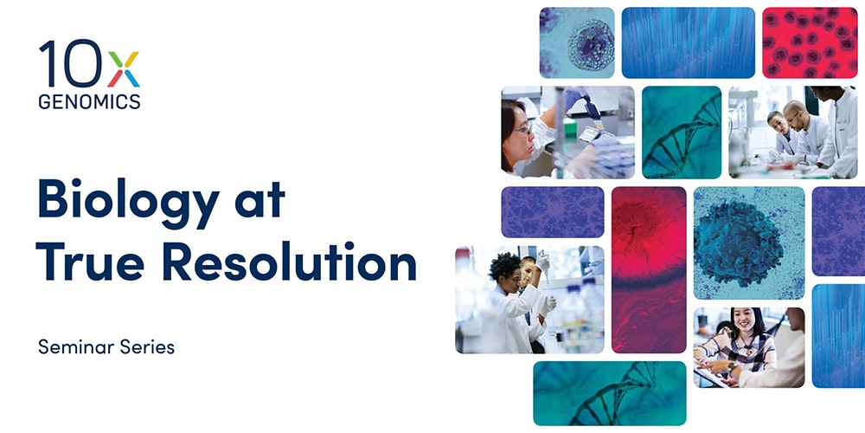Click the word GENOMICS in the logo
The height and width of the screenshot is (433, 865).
(x=89, y=101)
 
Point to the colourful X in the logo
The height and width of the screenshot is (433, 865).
(x=124, y=69)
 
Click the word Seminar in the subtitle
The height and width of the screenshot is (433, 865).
(x=71, y=347)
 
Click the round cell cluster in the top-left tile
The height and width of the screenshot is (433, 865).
(x=590, y=45)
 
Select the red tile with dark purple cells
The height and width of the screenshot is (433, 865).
(x=810, y=42)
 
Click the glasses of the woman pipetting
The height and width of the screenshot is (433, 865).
(x=523, y=130)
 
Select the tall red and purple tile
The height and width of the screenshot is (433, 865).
(x=649, y=270)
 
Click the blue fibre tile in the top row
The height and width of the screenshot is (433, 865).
(x=688, y=42)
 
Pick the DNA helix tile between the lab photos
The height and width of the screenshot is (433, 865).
(x=682, y=132)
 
